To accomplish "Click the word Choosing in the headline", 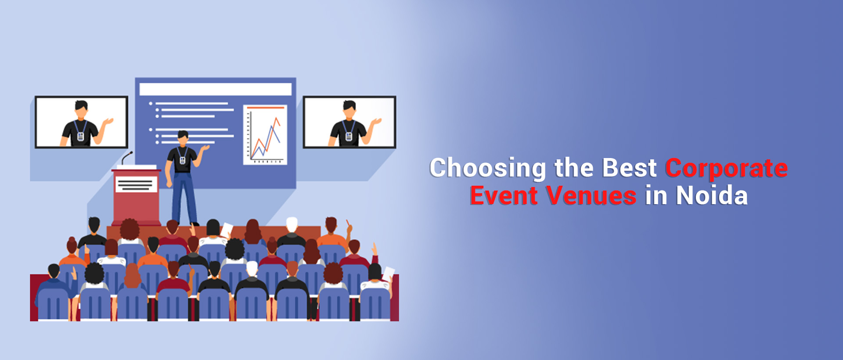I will pyautogui.click(x=487, y=169).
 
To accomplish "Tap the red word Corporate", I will pyautogui.click(x=726, y=169).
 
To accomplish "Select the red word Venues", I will pyautogui.click(x=591, y=196).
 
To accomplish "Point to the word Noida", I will pyautogui.click(x=711, y=196).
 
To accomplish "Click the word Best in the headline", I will pyautogui.click(x=629, y=168).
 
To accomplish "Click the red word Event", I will pyautogui.click(x=503, y=196).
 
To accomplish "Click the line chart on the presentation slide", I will pyautogui.click(x=265, y=135).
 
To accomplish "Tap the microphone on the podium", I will pyautogui.click(x=127, y=157).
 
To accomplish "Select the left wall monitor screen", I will pyautogui.click(x=82, y=122).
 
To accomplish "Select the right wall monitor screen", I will pyautogui.click(x=349, y=122).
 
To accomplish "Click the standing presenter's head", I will pyautogui.click(x=183, y=137).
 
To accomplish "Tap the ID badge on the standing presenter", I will pyautogui.click(x=183, y=160).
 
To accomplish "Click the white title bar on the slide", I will pyautogui.click(x=215, y=89).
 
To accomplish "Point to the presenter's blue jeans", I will pyautogui.click(x=184, y=198).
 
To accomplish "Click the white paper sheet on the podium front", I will pyautogui.click(x=136, y=184).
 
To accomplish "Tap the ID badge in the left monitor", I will pyautogui.click(x=80, y=137).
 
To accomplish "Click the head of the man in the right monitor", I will pyautogui.click(x=349, y=108).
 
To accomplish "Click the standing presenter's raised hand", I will pyautogui.click(x=205, y=148).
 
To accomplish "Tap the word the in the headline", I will pyautogui.click(x=574, y=168).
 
